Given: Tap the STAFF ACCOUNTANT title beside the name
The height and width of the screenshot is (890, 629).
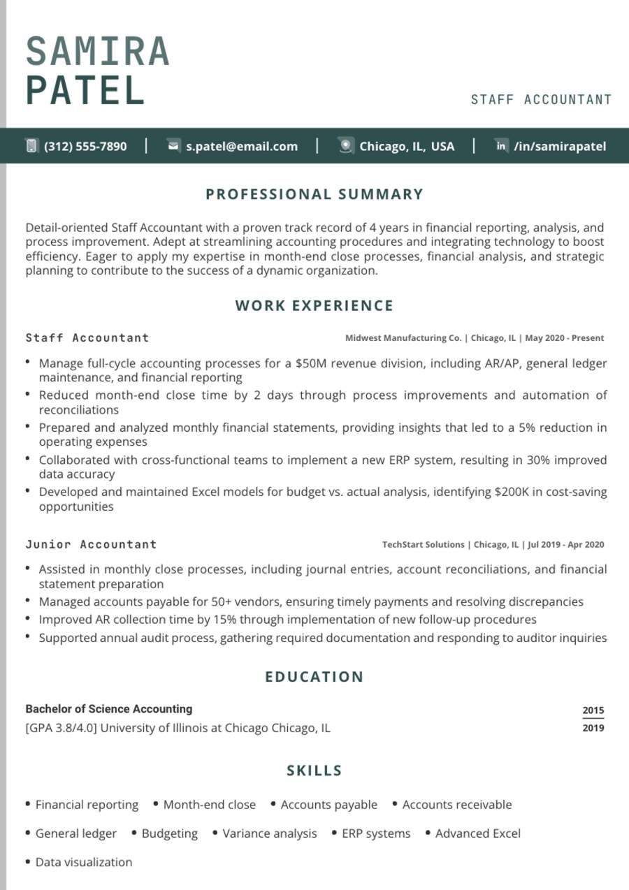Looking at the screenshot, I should [541, 100].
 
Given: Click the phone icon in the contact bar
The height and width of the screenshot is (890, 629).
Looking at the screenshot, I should [31, 146].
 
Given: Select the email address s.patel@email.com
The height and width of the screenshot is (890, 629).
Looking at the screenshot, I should [241, 147].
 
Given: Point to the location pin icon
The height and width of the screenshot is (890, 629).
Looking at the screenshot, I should [345, 146].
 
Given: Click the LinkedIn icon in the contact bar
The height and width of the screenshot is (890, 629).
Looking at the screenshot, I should [500, 146].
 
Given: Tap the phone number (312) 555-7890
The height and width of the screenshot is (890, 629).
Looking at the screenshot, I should [85, 147].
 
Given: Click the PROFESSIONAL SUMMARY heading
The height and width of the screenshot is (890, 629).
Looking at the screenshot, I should [314, 194].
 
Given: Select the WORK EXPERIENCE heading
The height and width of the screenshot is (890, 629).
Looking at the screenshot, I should [314, 305].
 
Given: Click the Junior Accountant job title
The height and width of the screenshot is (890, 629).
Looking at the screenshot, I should [91, 544].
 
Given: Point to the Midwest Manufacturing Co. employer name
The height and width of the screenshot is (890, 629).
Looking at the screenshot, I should [403, 338].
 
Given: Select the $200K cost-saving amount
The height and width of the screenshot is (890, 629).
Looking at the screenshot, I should [512, 492].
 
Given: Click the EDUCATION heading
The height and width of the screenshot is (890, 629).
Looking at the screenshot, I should [314, 676].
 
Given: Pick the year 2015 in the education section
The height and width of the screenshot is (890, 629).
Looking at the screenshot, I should [593, 710].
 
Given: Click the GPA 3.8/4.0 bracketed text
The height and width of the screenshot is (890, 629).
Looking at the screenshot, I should [61, 728].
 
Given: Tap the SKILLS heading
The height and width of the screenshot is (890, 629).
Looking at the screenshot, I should [314, 771].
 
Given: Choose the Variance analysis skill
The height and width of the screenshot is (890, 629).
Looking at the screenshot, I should [269, 833].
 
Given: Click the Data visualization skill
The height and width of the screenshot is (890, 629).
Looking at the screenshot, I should [83, 862].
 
